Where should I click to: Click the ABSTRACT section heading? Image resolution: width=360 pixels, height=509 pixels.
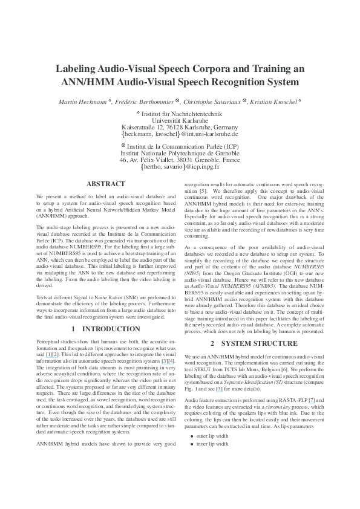pyautogui.click(x=106, y=184)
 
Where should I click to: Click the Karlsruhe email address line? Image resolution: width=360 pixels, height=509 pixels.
pyautogui.click(x=180, y=134)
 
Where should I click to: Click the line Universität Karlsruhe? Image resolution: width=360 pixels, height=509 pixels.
pyautogui.click(x=180, y=120)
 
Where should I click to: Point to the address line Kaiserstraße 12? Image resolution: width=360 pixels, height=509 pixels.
pyautogui.click(x=180, y=128)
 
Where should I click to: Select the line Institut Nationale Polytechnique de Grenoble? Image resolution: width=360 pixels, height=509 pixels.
pyautogui.click(x=180, y=154)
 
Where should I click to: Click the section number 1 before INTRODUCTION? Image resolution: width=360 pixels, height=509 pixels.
pyautogui.click(x=73, y=329)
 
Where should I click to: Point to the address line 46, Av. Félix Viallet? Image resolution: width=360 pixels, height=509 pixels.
pyautogui.click(x=180, y=160)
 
